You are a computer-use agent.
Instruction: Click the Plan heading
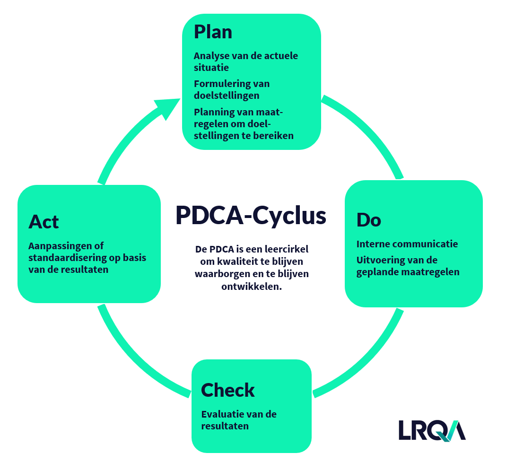coord(213,32)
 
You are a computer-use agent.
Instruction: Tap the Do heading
coord(368,220)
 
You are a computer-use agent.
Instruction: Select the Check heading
coord(227,390)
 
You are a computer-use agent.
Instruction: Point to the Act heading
coord(44,221)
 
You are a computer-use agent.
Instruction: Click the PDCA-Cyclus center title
coord(251,216)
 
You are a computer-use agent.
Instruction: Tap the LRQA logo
coord(431,430)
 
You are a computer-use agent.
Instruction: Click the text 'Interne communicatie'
coord(407,244)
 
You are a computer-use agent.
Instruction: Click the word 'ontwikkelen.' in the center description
coord(252,286)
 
